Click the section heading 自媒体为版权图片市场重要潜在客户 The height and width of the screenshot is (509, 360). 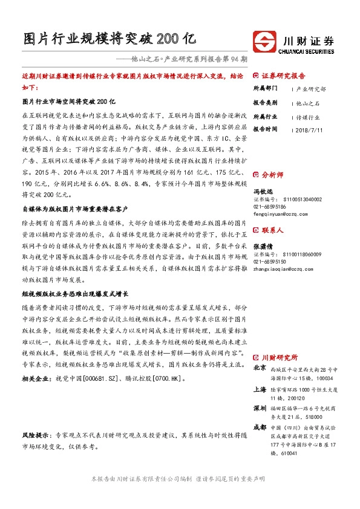pyautogui.click(x=74, y=207)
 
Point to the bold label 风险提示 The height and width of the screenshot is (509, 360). pyautogui.click(x=36, y=452)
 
